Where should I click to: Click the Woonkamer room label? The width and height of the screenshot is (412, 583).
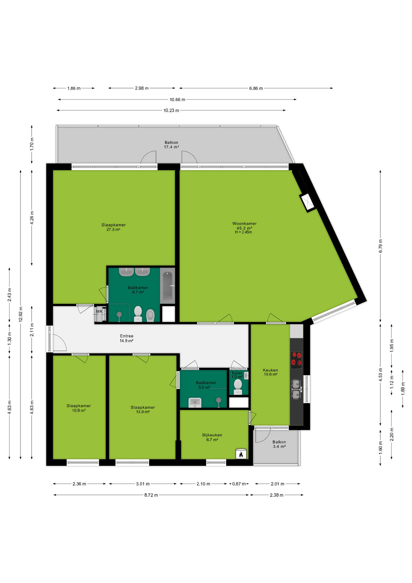[x=244, y=223]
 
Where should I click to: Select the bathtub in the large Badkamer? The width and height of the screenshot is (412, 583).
[x=167, y=285]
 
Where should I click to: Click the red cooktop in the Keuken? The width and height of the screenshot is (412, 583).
[x=296, y=360]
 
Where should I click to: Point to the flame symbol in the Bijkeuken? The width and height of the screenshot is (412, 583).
[x=241, y=454]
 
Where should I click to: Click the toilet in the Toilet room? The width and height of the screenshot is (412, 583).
[x=238, y=387]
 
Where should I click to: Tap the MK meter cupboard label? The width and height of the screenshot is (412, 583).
[x=99, y=311]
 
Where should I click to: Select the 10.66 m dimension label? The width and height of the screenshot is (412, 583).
[x=177, y=100]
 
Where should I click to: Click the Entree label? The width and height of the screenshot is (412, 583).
[x=127, y=336]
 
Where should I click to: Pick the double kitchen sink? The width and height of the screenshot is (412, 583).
[x=296, y=389]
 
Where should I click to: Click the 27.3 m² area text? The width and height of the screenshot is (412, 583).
[x=113, y=230]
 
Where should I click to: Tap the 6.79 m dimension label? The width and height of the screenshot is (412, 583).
[x=380, y=246]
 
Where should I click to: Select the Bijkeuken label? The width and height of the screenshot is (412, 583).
[x=212, y=435]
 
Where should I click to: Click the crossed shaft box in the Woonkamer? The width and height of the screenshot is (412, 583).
[x=308, y=203]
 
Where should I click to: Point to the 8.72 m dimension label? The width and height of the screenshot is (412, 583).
[x=151, y=495]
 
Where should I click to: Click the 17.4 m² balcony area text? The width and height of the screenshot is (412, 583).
[x=171, y=147]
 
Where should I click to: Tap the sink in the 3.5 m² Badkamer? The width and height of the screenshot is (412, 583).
[x=195, y=403]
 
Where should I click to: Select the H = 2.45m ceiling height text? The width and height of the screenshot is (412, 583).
[x=243, y=232]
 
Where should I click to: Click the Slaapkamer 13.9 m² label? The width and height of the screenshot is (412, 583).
[x=143, y=410]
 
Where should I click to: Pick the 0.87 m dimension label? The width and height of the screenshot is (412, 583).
[x=239, y=484]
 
